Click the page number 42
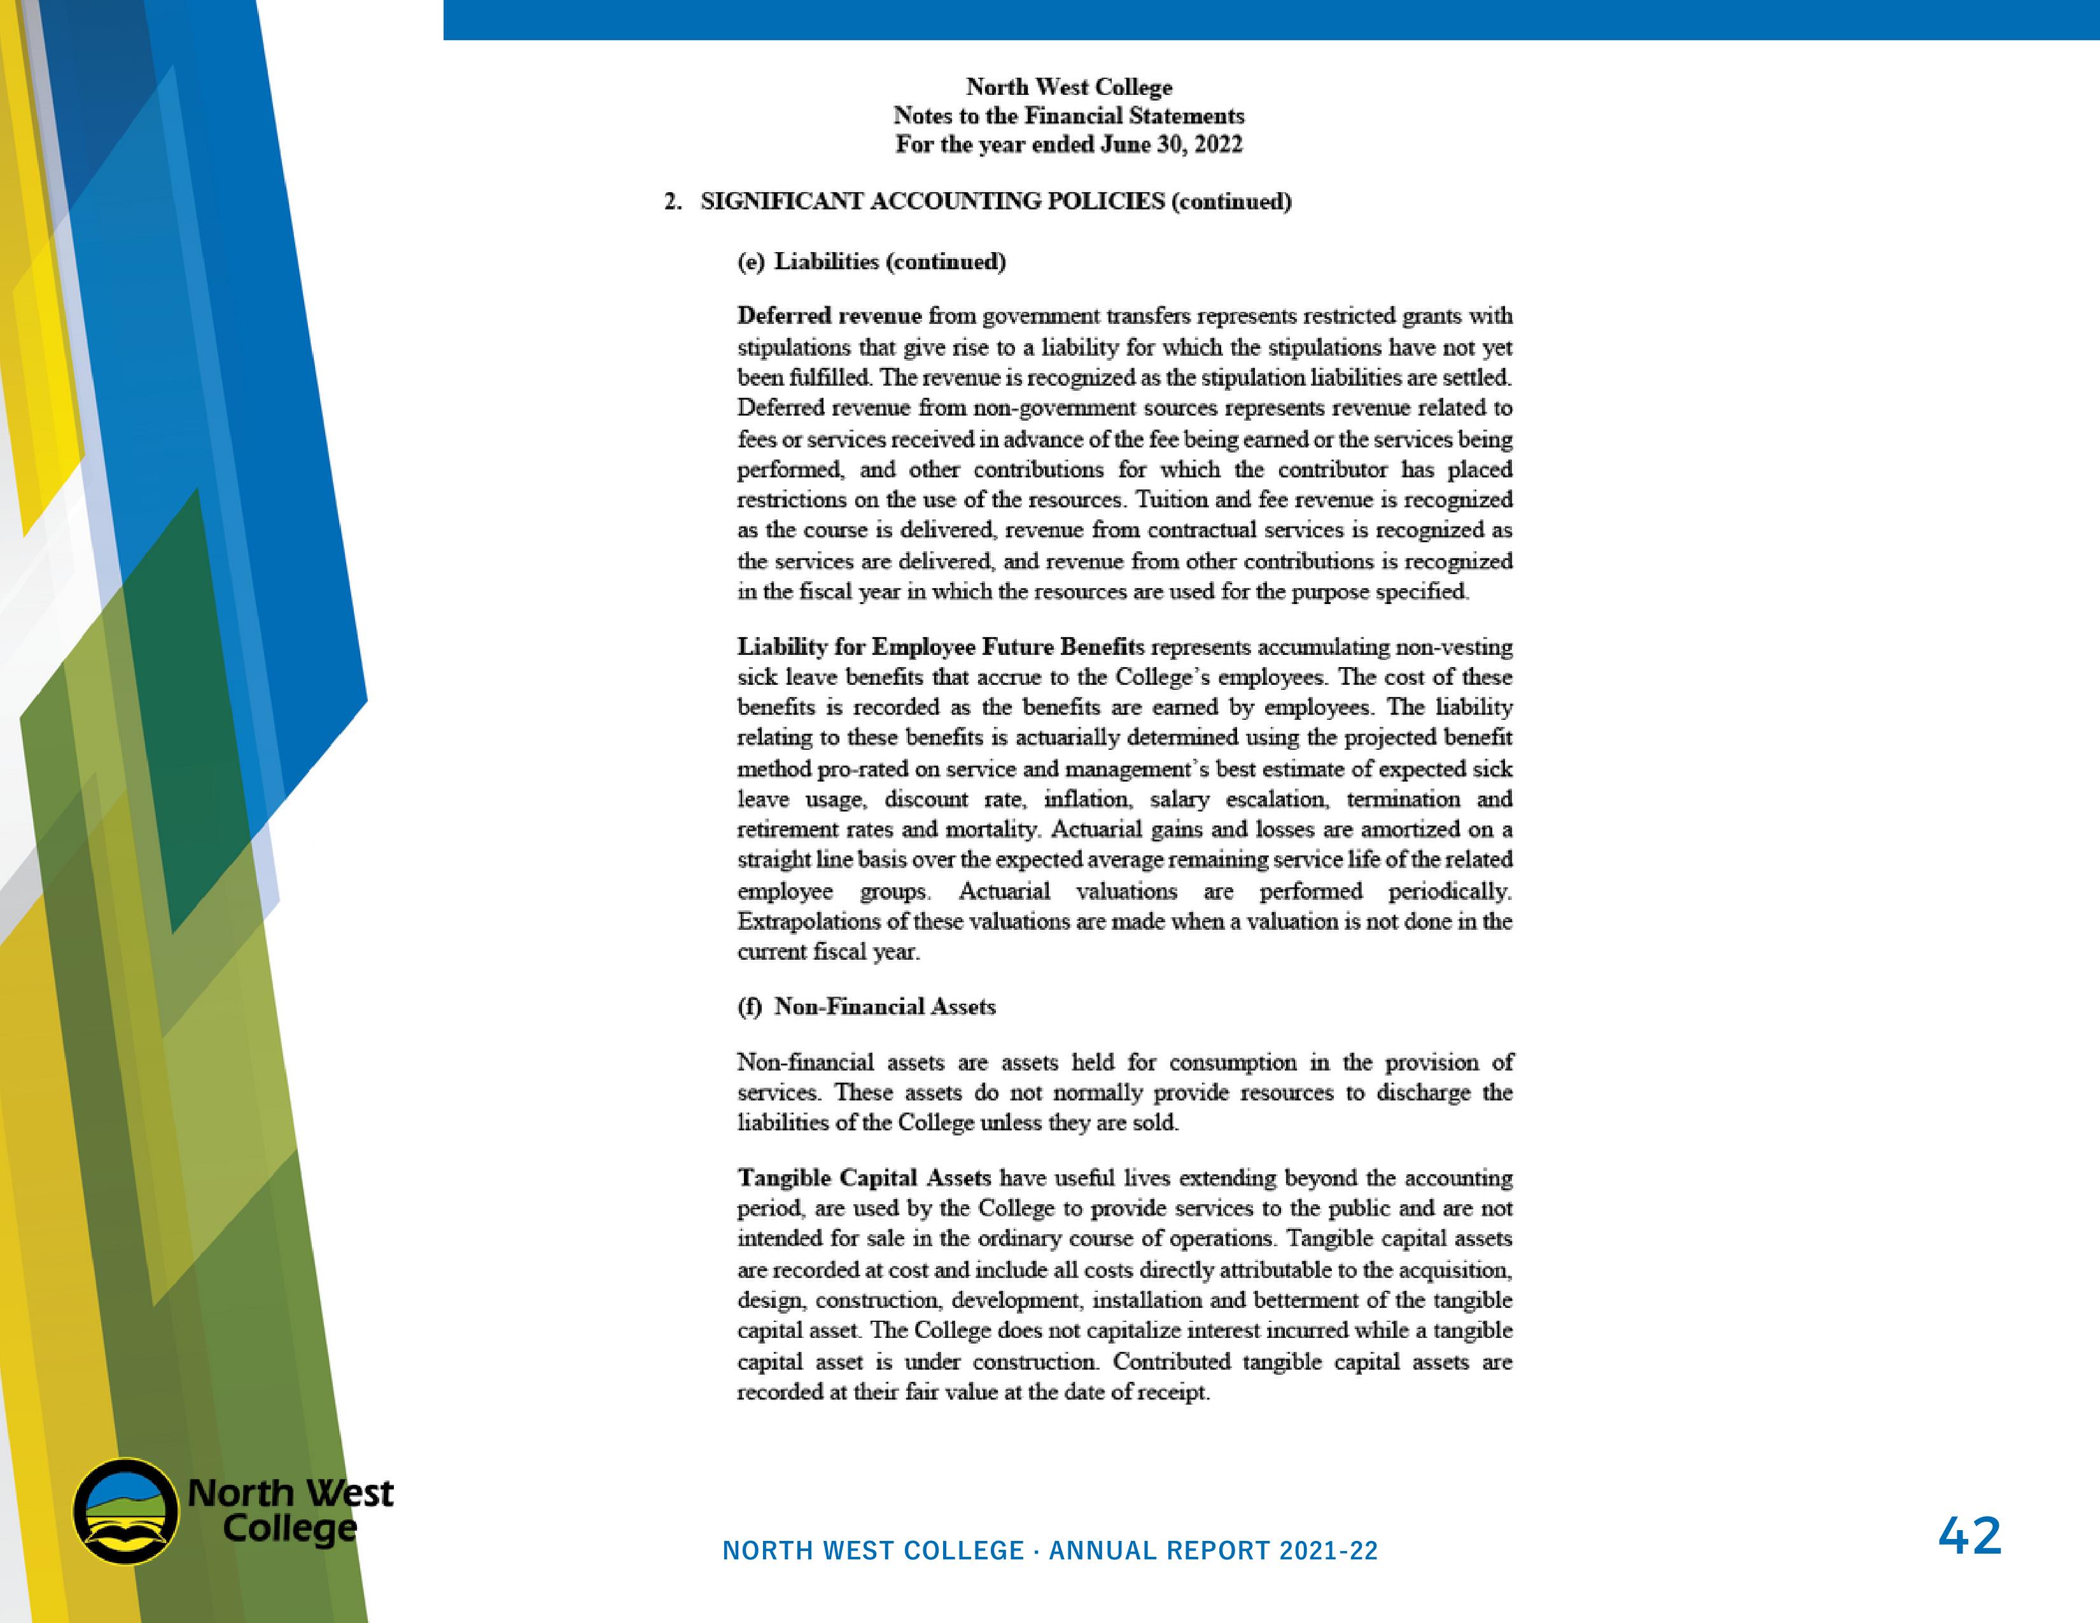click(1970, 1536)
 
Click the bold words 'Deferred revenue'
click(829, 316)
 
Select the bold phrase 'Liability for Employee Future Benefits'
click(941, 647)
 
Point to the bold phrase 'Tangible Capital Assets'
click(864, 1178)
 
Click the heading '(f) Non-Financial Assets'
click(866, 1007)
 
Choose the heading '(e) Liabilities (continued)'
click(871, 262)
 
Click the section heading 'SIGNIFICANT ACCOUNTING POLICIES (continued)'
click(995, 201)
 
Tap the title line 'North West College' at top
click(1068, 87)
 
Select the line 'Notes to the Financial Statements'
click(1068, 115)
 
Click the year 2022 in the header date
click(1217, 144)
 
